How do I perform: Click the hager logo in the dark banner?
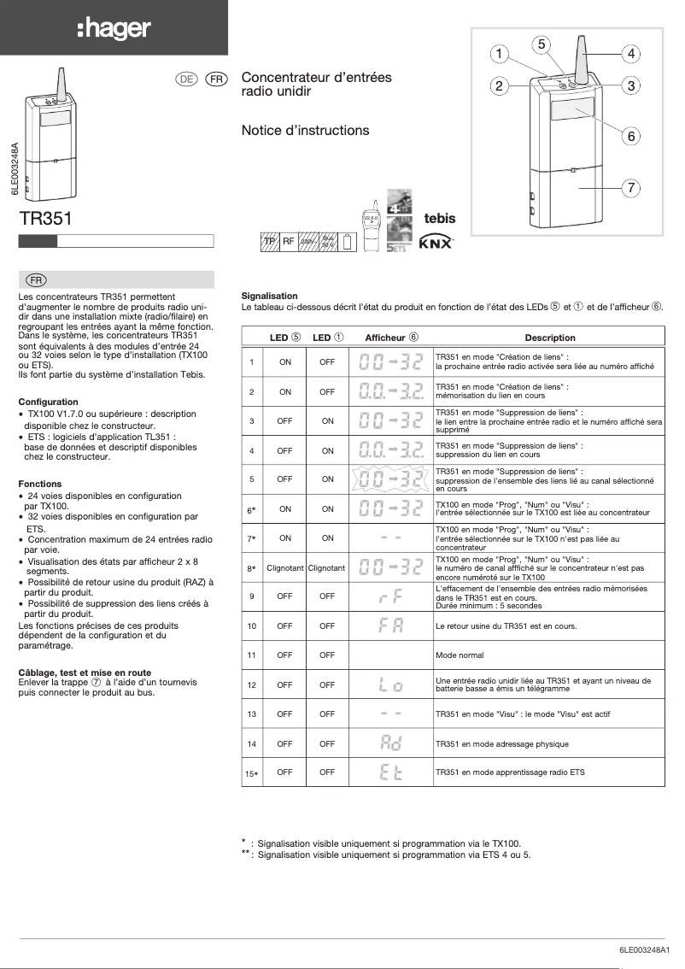pyautogui.click(x=114, y=29)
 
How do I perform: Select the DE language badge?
pyautogui.click(x=186, y=79)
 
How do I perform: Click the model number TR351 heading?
pyautogui.click(x=45, y=219)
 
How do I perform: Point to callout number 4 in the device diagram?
pyautogui.click(x=630, y=54)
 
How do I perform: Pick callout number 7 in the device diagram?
pyautogui.click(x=630, y=186)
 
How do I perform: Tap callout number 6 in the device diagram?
pyautogui.click(x=630, y=136)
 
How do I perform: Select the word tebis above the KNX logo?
pyautogui.click(x=440, y=219)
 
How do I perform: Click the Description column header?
pyautogui.click(x=549, y=338)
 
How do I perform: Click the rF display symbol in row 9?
pyautogui.click(x=390, y=596)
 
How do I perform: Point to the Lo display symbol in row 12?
pyautogui.click(x=390, y=684)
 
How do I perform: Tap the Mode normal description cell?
pyautogui.click(x=459, y=655)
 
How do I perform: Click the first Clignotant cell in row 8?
pyautogui.click(x=284, y=567)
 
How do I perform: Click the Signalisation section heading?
pyautogui.click(x=269, y=295)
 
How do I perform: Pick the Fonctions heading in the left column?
pyautogui.click(x=39, y=484)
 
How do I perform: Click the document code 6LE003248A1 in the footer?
pyautogui.click(x=645, y=950)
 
